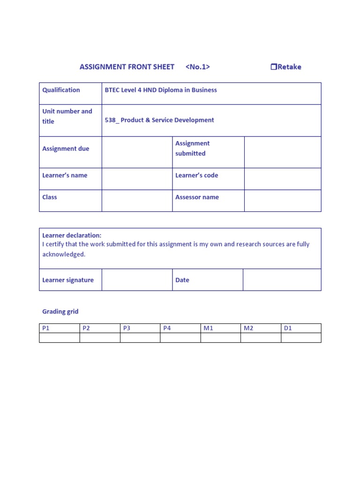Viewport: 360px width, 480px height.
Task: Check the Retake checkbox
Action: coord(274,67)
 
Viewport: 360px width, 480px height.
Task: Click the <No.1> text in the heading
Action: coord(197,67)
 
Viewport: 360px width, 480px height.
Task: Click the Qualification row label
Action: coord(61,90)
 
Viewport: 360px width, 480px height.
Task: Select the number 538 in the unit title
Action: coord(111,120)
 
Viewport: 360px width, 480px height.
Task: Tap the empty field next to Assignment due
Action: coord(137,152)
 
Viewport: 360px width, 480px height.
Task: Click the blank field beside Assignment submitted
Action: coord(283,152)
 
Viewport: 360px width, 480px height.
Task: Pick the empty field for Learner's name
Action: coord(137,179)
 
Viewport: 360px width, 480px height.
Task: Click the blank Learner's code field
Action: coord(283,179)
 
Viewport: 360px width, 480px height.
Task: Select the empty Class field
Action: coord(137,201)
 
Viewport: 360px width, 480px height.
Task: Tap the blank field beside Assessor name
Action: coord(283,201)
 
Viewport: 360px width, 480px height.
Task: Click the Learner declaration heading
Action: coord(72,235)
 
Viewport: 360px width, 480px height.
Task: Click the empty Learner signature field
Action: coord(137,280)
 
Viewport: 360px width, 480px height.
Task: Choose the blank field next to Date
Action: coord(282,280)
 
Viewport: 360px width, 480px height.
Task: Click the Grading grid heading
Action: coord(60,311)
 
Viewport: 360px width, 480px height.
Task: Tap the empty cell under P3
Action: coord(140,337)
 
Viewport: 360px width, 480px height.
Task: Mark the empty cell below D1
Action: coord(301,337)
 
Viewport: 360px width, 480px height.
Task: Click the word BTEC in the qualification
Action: coord(112,90)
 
